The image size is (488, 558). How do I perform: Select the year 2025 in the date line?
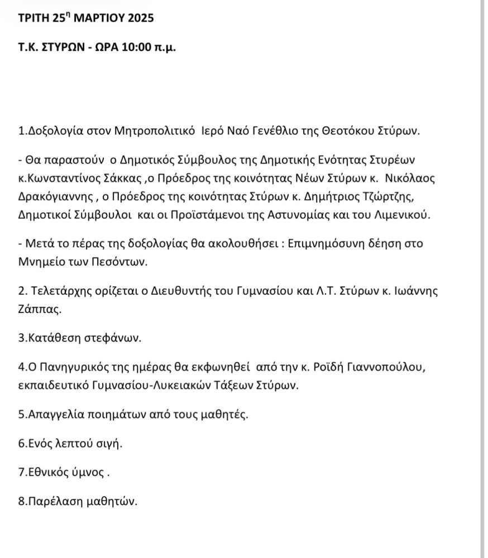tap(136, 18)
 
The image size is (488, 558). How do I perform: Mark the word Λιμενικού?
tap(401, 215)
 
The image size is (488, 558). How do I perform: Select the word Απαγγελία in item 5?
tap(55, 415)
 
